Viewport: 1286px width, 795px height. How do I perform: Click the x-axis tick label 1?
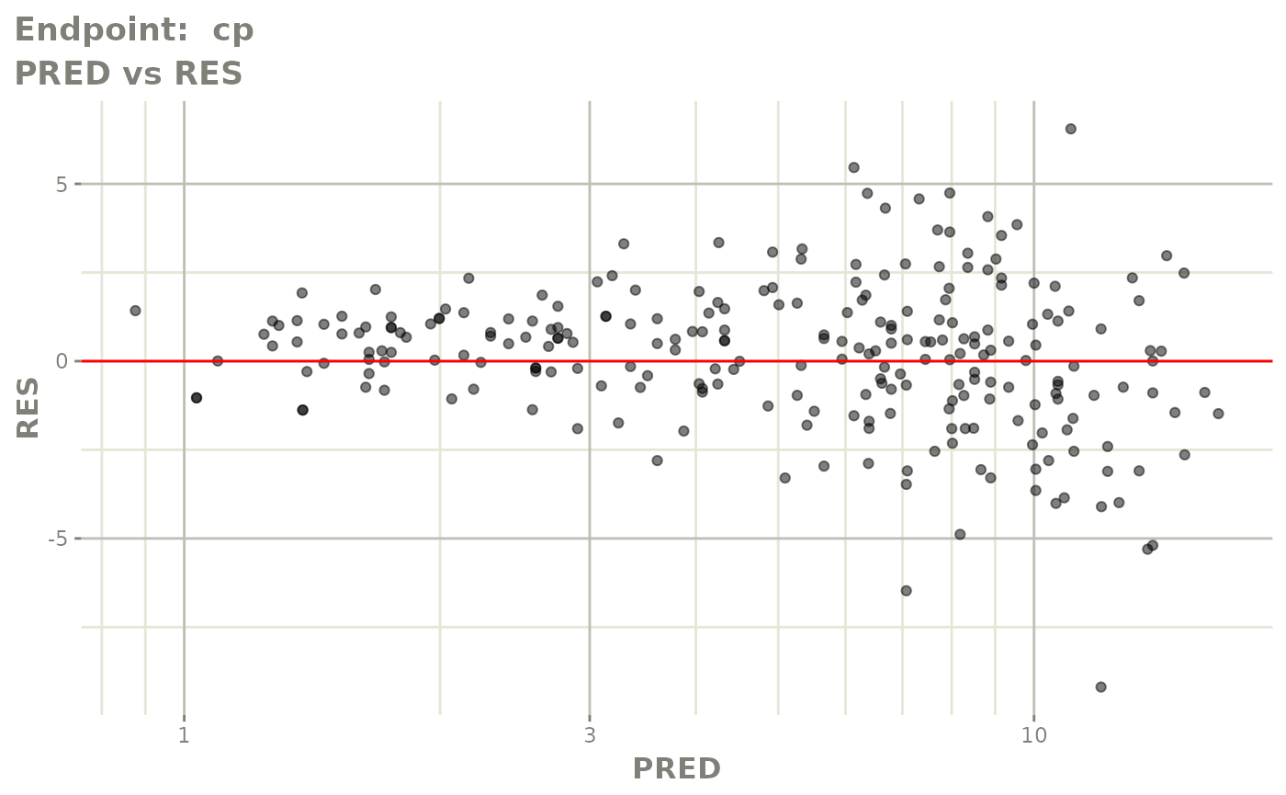point(184,736)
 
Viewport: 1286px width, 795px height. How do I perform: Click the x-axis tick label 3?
point(589,736)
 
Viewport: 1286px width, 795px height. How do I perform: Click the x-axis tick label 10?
point(1033,736)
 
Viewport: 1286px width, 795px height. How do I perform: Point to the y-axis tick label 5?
point(63,184)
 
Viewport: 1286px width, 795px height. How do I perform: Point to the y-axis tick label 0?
point(63,361)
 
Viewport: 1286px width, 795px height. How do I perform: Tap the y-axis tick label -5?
point(59,539)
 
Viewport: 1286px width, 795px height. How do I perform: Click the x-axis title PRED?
point(676,769)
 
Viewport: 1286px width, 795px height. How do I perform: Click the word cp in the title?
point(233,30)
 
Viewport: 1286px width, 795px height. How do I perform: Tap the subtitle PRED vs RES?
point(129,73)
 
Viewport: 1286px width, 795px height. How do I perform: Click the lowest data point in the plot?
point(1100,687)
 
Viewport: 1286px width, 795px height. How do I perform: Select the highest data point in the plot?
point(1070,129)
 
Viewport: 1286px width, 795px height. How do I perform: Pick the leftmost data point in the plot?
point(135,311)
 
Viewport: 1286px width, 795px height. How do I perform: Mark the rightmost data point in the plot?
point(1218,414)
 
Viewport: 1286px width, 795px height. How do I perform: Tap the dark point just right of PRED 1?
point(197,398)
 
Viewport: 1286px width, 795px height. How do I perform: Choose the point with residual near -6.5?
point(906,590)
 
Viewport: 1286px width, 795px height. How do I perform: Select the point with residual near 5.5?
point(853,167)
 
